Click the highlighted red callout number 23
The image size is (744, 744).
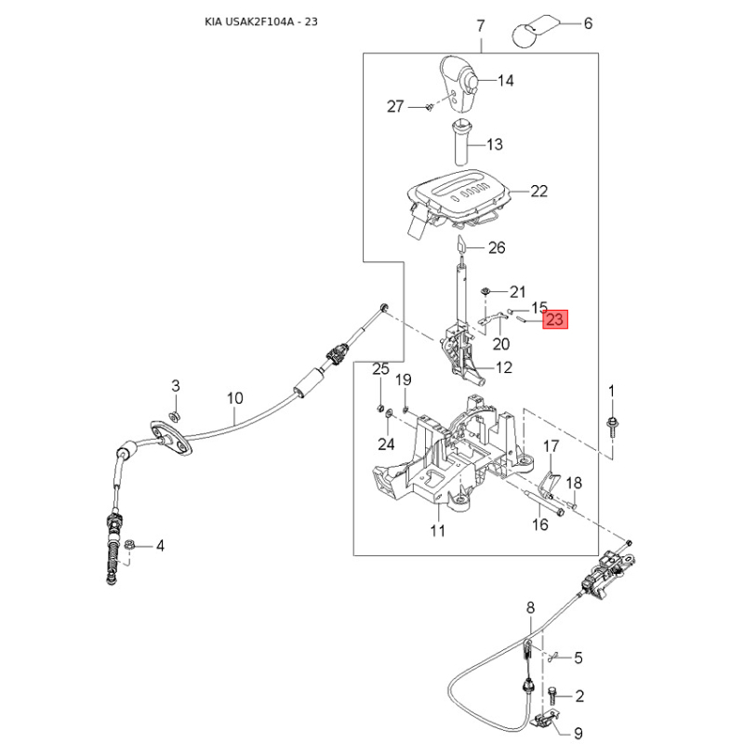[x=554, y=319]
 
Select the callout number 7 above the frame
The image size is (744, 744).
[x=481, y=26]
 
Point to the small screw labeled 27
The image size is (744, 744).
[x=429, y=108]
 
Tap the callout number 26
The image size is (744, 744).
[x=497, y=247]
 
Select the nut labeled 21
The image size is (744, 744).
[x=485, y=290]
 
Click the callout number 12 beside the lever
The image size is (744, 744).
[x=504, y=367]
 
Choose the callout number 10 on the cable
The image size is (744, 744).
[x=235, y=398]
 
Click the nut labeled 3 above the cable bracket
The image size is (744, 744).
[x=175, y=416]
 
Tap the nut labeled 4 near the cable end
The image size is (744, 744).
[x=128, y=545]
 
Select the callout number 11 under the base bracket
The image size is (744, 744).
[x=437, y=530]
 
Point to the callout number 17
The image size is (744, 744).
[x=551, y=446]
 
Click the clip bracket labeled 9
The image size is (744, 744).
[x=545, y=717]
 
